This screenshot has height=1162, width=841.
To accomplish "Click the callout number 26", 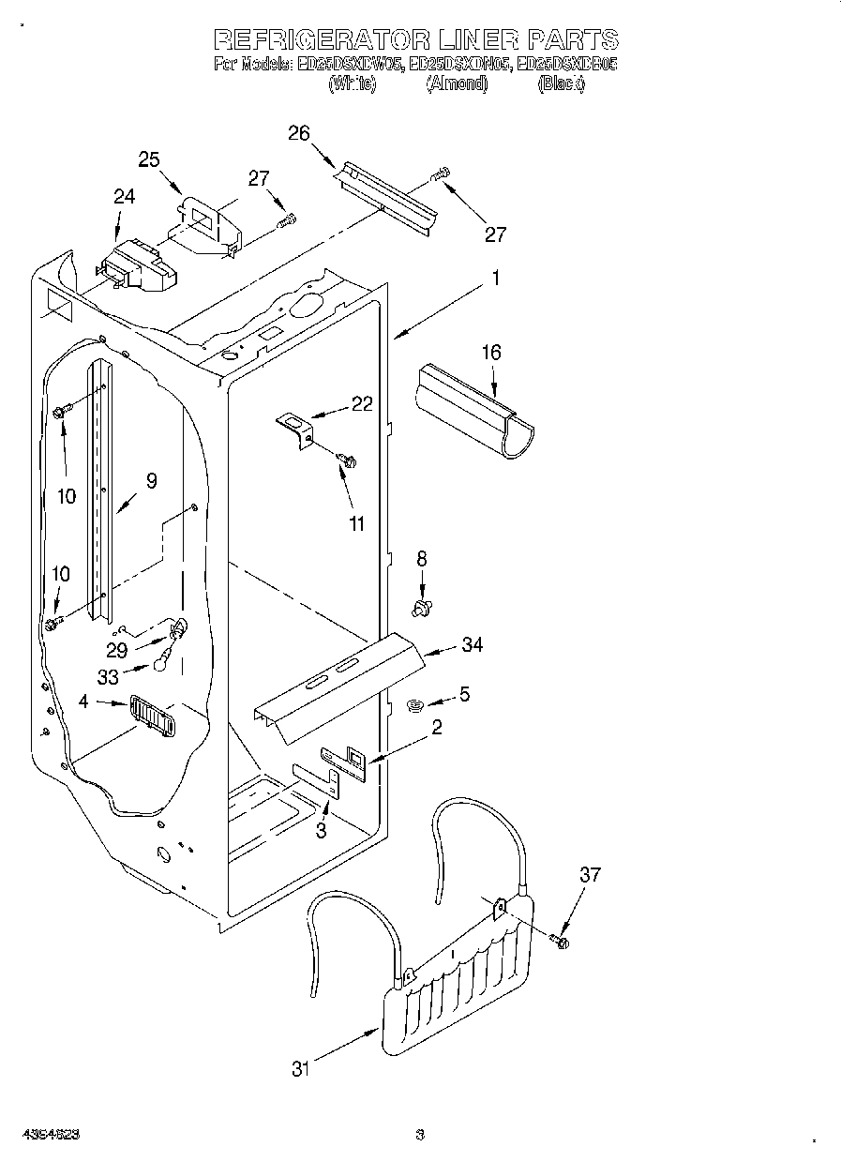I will (x=298, y=133).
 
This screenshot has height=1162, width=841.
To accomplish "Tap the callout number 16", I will (x=491, y=353).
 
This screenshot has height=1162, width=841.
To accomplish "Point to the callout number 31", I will (x=299, y=1067).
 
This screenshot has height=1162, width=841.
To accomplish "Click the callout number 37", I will (x=590, y=876).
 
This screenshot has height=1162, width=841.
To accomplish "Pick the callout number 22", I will (x=361, y=405).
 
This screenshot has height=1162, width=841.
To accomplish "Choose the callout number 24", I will (x=124, y=197).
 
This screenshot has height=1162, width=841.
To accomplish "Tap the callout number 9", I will (x=152, y=481).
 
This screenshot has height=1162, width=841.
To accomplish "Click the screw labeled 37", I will (x=562, y=941).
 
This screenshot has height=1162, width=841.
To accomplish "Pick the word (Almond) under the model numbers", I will (x=457, y=83).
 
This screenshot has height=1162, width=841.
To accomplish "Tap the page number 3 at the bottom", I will (x=420, y=1134).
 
